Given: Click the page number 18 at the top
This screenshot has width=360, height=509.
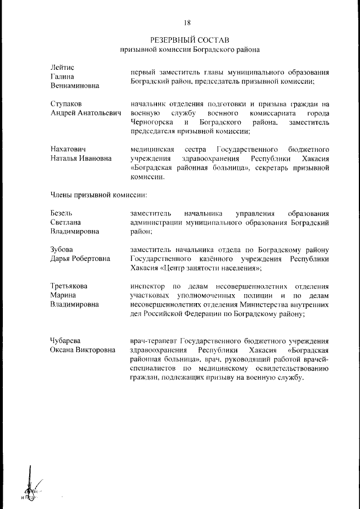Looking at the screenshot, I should click(x=187, y=22).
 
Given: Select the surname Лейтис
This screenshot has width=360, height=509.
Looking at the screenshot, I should click(x=62, y=67).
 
